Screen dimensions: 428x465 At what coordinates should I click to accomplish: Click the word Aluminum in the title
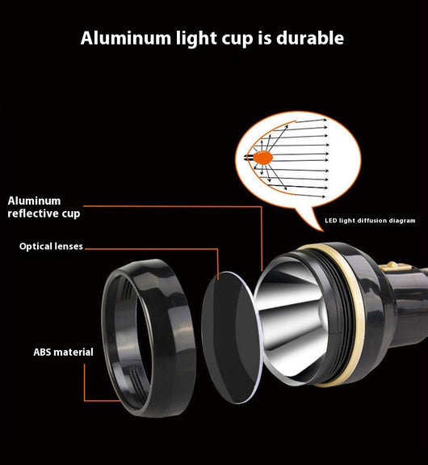126,38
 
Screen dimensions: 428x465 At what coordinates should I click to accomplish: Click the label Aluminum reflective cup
44,207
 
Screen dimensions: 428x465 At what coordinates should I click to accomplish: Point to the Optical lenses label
51,247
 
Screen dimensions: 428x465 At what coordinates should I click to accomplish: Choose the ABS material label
63,352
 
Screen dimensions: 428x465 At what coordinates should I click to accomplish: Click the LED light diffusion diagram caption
370,221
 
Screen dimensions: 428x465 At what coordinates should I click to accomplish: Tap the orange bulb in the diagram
262,158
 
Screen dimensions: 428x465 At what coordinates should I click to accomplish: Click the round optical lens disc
232,338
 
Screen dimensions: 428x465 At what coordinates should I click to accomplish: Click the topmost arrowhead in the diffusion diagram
325,120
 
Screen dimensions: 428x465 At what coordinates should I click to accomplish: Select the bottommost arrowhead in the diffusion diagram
323,197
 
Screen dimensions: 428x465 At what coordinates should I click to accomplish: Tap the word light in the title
196,39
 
